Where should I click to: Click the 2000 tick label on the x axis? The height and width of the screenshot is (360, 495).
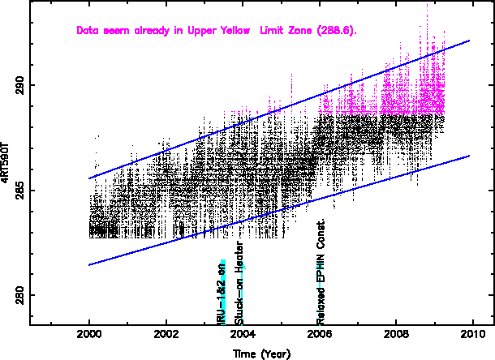coord(89,334)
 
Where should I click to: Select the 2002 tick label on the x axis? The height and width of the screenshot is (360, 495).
coord(166,334)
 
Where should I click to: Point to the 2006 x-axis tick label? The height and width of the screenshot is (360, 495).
coord(320,334)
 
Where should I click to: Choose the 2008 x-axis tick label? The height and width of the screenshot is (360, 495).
coord(397,334)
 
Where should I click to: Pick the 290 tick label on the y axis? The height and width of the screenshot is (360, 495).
coord(19,85)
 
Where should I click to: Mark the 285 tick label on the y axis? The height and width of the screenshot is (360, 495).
coord(19,191)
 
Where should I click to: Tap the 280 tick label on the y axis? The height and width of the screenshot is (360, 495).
coord(19,296)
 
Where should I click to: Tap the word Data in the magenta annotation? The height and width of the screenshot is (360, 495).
coord(88,31)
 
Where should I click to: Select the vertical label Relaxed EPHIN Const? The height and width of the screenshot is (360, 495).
coord(321,271)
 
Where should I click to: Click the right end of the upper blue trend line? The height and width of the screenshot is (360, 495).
coord(470,41)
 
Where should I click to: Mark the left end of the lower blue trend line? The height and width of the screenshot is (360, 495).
coord(89,264)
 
